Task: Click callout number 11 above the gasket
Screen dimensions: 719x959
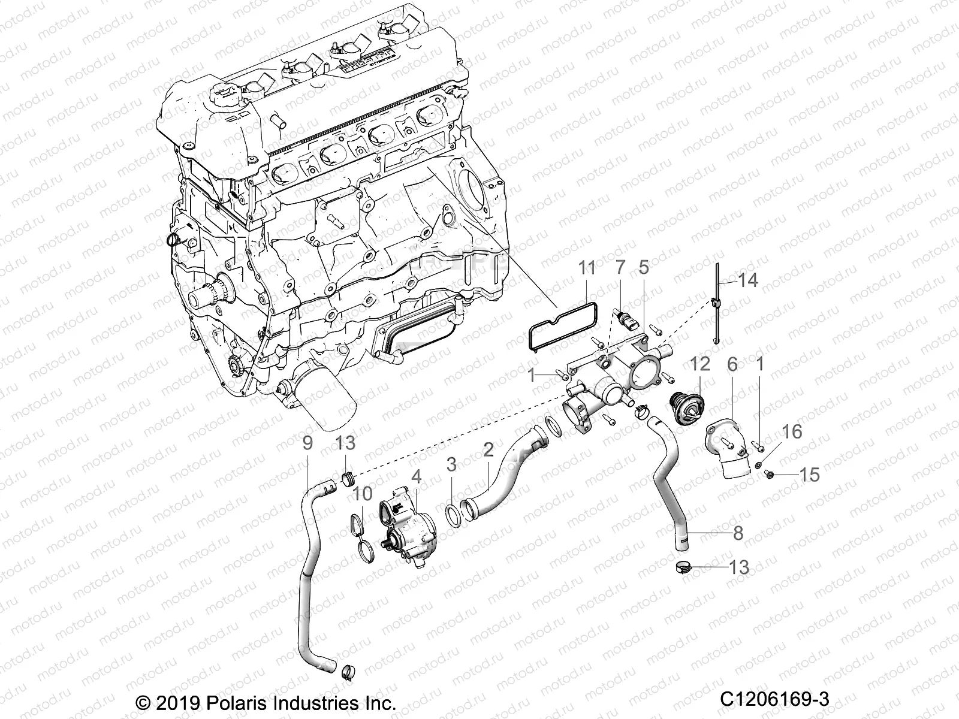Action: click(587, 268)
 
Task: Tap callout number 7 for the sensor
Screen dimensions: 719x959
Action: click(620, 268)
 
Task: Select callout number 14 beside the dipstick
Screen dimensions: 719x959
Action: click(748, 280)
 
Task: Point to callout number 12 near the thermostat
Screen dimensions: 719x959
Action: click(699, 363)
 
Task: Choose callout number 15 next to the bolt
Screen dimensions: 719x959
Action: click(809, 475)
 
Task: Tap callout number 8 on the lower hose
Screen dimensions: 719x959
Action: click(738, 533)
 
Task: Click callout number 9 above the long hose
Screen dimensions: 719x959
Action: click(308, 443)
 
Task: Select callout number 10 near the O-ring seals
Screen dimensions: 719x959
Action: click(362, 494)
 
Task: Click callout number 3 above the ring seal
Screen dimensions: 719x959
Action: click(451, 464)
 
